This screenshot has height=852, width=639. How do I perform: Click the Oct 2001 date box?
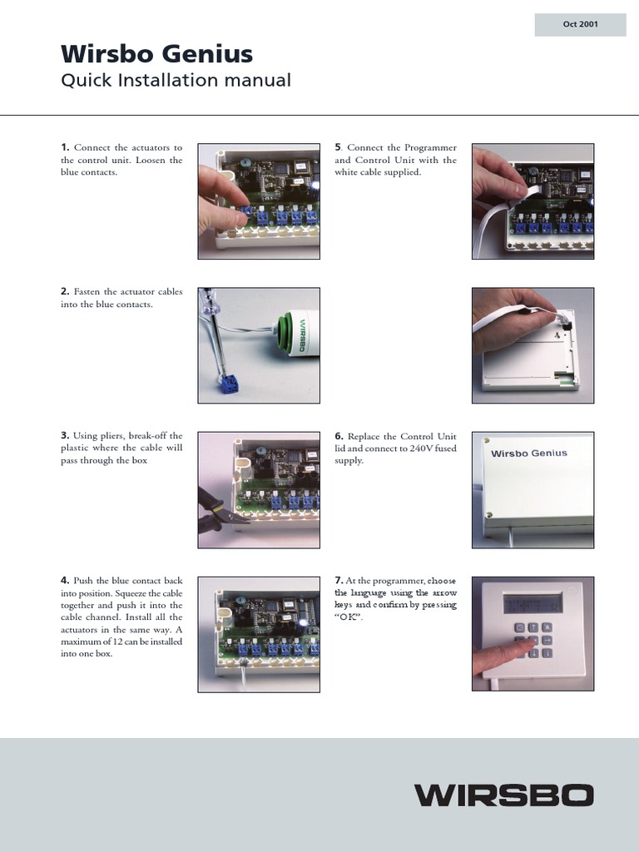[580, 25]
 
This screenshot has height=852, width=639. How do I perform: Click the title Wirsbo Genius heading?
[156, 54]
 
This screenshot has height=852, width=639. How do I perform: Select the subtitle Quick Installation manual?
[176, 81]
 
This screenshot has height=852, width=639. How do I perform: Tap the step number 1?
[65, 147]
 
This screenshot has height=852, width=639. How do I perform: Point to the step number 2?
[65, 292]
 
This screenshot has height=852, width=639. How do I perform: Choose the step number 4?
[65, 580]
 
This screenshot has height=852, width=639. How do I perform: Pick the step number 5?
[338, 147]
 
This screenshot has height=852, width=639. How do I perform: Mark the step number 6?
[339, 436]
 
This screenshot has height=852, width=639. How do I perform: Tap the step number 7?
[339, 580]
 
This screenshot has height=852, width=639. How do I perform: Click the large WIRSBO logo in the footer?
[504, 795]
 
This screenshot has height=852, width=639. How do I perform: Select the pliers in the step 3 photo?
[218, 510]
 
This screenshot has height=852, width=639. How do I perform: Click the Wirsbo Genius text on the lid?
[528, 453]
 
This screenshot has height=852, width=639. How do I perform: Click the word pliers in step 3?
[115, 436]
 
